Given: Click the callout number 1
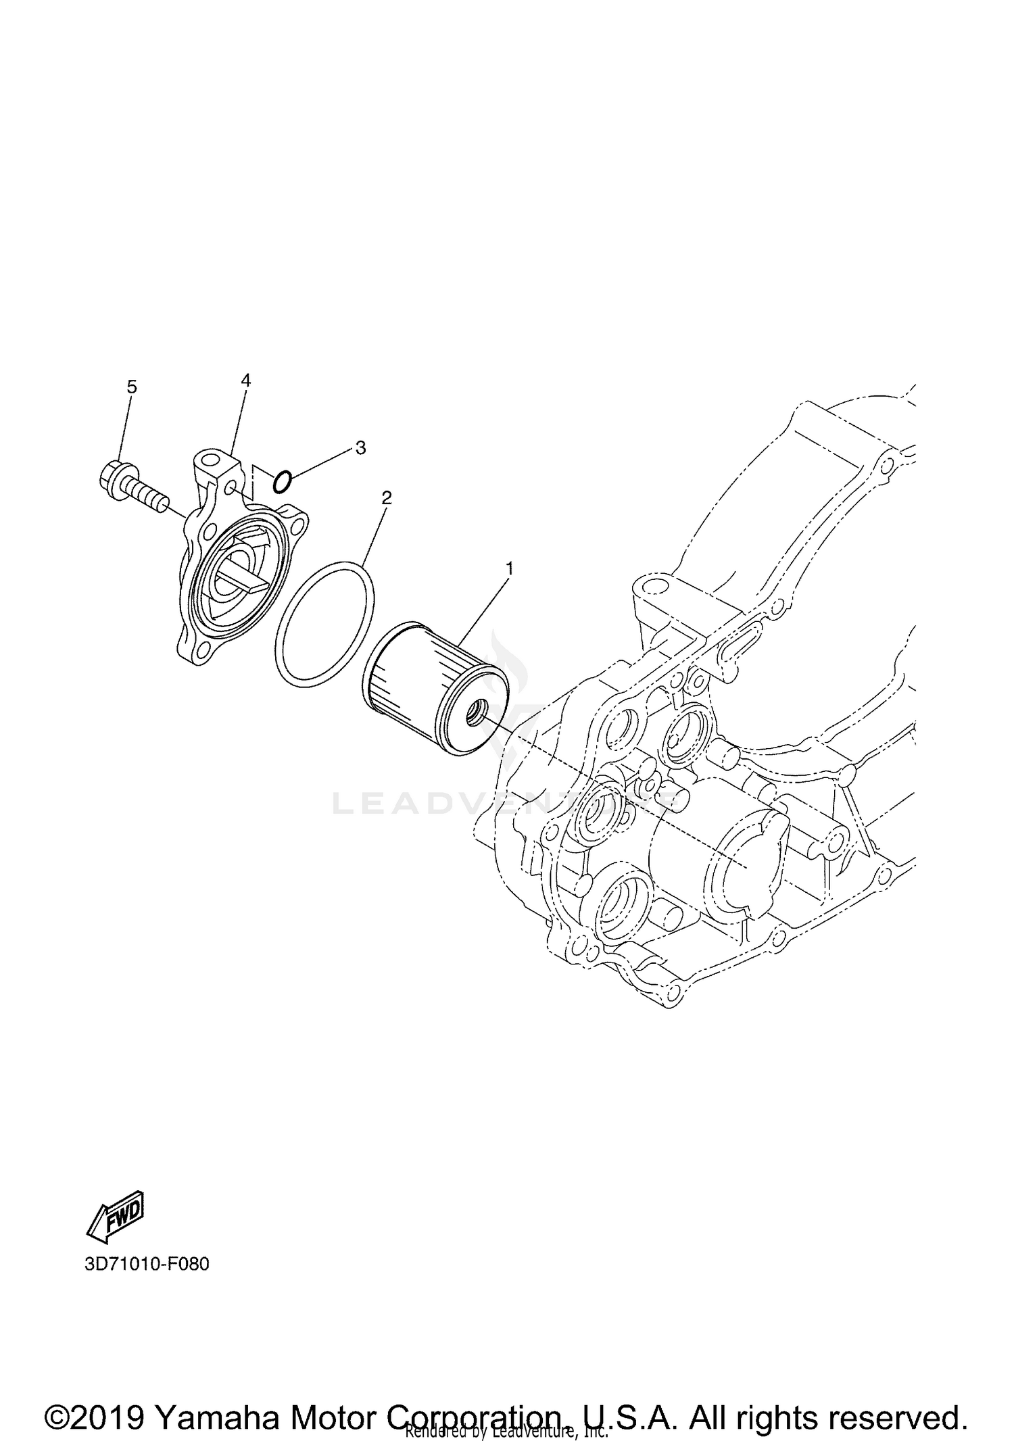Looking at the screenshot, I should pyautogui.click(x=509, y=568).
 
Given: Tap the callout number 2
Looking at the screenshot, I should pyautogui.click(x=386, y=498).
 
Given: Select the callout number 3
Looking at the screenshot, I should pyautogui.click(x=360, y=447).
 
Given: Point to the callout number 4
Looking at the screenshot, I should pyautogui.click(x=246, y=381).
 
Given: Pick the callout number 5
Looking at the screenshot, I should pyautogui.click(x=132, y=387).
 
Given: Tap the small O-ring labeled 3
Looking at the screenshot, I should pyautogui.click(x=282, y=482).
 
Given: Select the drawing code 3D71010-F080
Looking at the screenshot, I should pyautogui.click(x=147, y=1264).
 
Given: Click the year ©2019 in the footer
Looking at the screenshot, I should pyautogui.click(x=94, y=1399).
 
